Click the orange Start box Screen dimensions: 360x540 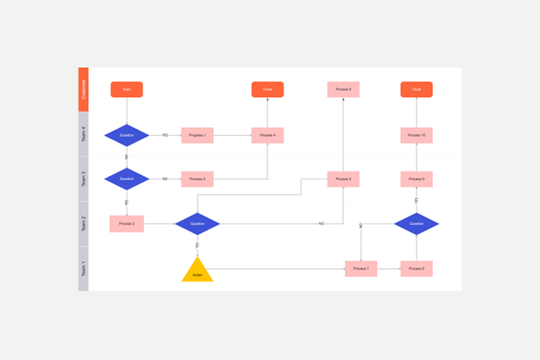click(x=127, y=89)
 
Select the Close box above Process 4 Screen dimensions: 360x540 click(x=267, y=89)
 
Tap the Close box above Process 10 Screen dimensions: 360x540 click(x=417, y=89)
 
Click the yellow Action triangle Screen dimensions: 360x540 click(x=198, y=272)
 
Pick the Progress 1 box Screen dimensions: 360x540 click(x=198, y=136)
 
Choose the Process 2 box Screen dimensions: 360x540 click(x=127, y=223)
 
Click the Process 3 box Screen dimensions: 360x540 click(x=198, y=179)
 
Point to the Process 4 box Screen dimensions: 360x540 click(x=267, y=136)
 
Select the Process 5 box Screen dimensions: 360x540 click(x=343, y=179)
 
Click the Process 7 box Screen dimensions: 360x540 click(x=361, y=268)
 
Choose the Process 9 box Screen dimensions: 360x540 click(x=417, y=179)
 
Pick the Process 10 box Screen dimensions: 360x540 click(x=417, y=136)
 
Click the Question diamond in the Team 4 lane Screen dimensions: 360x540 click(x=127, y=136)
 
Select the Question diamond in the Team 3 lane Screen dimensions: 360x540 click(x=127, y=179)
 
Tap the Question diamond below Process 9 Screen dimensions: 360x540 click(x=417, y=223)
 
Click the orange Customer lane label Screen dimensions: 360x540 click(x=84, y=89)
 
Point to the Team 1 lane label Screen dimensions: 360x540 click(x=84, y=268)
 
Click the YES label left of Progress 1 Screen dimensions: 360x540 click(x=165, y=136)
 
